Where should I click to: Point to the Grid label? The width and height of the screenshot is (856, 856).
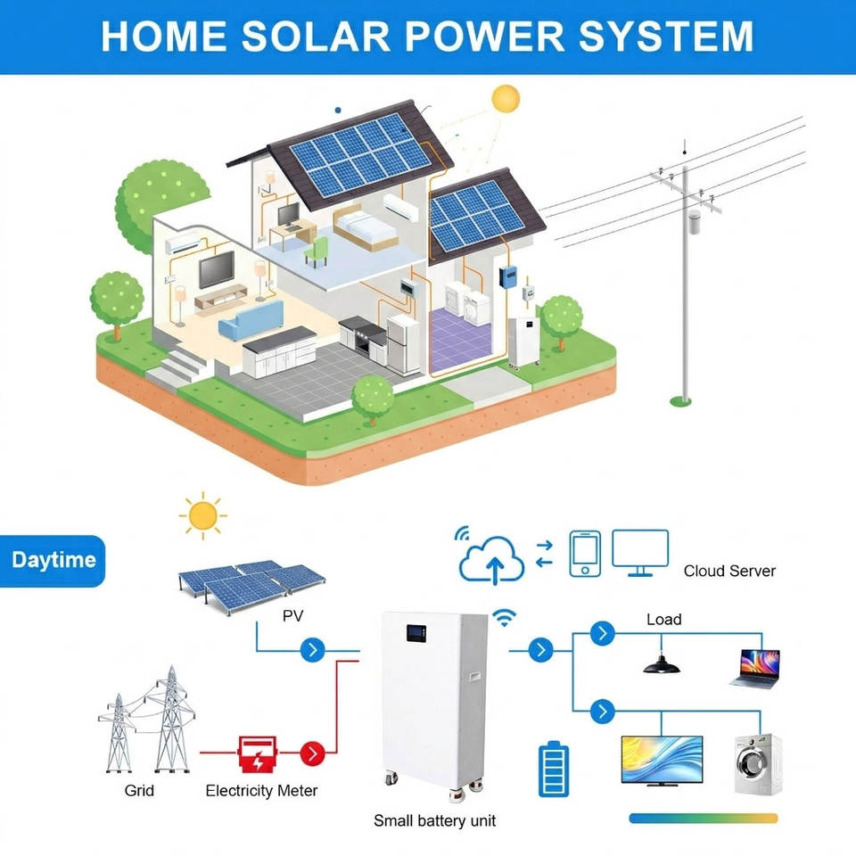click(x=139, y=791)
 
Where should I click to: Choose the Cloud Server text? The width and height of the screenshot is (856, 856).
click(x=729, y=571)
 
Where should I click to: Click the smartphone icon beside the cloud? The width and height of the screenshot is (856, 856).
click(x=585, y=553)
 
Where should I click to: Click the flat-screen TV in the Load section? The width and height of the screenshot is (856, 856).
click(x=662, y=760)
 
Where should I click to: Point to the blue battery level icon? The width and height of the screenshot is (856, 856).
click(x=553, y=770)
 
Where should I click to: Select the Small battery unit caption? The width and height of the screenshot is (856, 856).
click(x=434, y=820)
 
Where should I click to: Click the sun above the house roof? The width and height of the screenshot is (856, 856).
click(x=506, y=97)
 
